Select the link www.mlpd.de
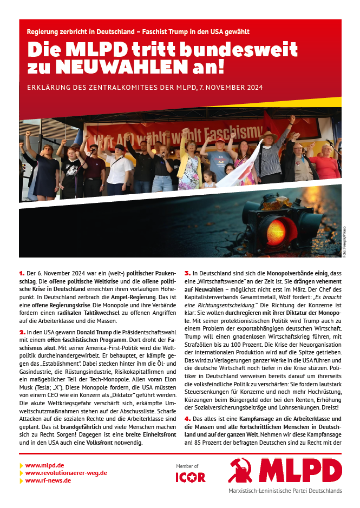[x=45, y=465]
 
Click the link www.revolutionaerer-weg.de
[x=66, y=472]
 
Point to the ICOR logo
[x=191, y=477]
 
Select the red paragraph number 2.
[x=22, y=332]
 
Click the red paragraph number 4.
[x=187, y=419]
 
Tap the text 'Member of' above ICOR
[x=187, y=466]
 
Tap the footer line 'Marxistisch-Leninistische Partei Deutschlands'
[x=285, y=491]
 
